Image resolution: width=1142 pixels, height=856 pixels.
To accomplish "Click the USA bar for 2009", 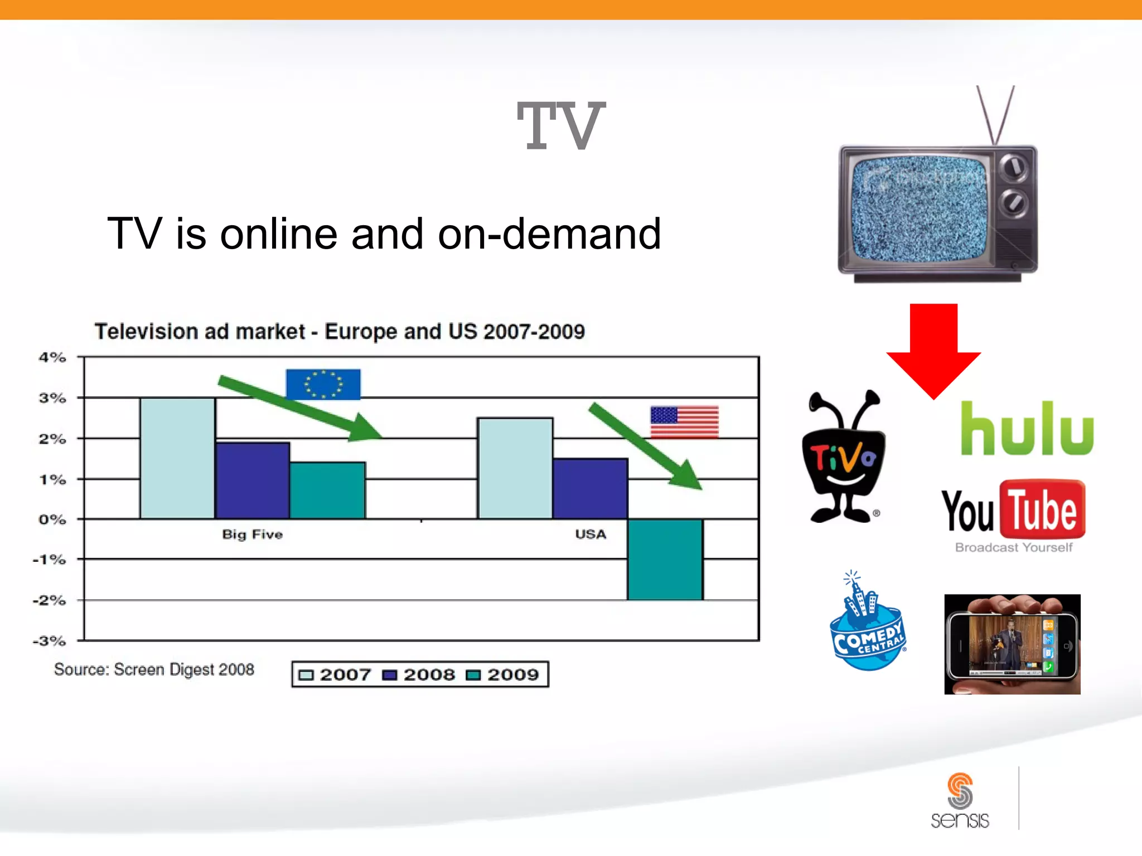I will click(665, 559).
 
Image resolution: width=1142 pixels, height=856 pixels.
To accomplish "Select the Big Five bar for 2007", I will click(177, 458).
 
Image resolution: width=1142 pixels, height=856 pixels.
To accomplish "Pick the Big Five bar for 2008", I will click(253, 480).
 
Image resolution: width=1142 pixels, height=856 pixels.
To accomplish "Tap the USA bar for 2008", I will click(590, 488).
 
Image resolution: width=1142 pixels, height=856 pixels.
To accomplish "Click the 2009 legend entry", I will click(504, 674).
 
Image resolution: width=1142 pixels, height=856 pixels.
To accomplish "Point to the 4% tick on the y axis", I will click(52, 357).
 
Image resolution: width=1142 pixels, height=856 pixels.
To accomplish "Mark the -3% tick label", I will click(50, 641).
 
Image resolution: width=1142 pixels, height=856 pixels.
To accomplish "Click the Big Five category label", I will click(252, 534).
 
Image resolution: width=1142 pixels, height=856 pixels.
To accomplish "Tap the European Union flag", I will click(323, 384).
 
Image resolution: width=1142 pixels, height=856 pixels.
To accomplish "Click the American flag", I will click(684, 422).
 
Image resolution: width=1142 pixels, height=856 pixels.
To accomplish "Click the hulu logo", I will click(1027, 429).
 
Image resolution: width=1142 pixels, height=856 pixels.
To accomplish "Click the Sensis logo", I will click(960, 801).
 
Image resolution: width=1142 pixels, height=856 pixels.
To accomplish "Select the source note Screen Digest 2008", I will click(154, 669).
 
